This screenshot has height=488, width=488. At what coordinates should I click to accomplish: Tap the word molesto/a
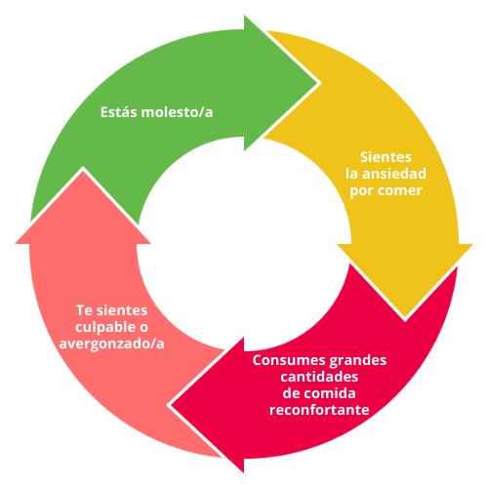pos(178,112)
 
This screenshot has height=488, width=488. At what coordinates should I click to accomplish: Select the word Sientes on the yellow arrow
pos(386,157)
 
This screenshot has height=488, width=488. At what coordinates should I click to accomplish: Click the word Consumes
pos(289,360)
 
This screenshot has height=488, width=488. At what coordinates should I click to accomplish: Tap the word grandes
pos(358,361)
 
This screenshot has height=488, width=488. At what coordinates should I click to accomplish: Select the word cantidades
pos(319,377)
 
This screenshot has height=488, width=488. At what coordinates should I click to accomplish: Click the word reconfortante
pos(319,410)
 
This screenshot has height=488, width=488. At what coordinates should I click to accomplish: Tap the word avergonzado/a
pos(111,345)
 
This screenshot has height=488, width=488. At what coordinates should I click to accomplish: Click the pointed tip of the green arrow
pos(317,83)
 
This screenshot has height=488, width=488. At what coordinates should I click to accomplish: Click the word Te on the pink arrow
pos(85,310)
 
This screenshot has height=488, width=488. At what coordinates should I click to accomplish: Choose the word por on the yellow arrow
pos(361,191)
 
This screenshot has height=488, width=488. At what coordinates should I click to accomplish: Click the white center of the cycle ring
pos(244,244)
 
